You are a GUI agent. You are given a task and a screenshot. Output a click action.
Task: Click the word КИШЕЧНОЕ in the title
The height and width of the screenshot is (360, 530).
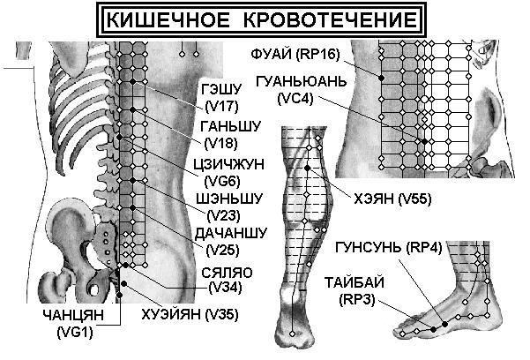(168, 19)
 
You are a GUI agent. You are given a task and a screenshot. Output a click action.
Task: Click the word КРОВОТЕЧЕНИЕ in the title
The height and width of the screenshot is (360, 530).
(330, 19)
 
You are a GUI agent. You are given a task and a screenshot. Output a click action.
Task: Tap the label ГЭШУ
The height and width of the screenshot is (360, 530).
(221, 89)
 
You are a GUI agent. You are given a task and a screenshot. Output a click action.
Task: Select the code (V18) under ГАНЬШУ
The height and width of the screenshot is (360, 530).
(221, 144)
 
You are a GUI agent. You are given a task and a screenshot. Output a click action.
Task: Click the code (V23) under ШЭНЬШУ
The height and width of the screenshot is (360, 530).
(223, 215)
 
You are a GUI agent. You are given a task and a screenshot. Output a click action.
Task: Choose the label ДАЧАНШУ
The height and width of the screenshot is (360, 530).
(231, 233)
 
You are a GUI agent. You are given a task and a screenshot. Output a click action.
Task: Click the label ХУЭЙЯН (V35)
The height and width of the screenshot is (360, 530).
(190, 315)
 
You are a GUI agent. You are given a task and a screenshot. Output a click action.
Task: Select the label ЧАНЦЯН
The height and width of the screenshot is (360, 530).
(73, 315)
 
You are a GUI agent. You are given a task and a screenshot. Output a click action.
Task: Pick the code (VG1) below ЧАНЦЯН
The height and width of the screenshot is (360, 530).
(75, 333)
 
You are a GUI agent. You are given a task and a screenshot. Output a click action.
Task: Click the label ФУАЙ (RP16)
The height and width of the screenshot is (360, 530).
(295, 54)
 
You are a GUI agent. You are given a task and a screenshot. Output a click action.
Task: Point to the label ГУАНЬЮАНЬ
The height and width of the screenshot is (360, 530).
(302, 81)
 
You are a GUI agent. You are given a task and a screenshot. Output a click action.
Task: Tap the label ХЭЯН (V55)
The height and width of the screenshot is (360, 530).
(392, 199)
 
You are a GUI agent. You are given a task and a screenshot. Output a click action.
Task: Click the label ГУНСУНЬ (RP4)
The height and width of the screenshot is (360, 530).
(389, 248)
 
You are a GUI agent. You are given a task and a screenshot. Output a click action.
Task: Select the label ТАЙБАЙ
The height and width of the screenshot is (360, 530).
(355, 282)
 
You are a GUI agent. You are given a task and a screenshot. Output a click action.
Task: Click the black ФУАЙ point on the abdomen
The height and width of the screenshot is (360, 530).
(382, 78)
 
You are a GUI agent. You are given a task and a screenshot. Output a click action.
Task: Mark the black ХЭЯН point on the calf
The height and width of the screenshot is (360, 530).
(307, 168)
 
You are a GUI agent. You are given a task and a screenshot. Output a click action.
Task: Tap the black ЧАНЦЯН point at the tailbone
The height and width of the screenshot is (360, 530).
(119, 295)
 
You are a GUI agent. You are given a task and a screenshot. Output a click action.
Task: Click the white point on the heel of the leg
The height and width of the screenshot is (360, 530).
(293, 334)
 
